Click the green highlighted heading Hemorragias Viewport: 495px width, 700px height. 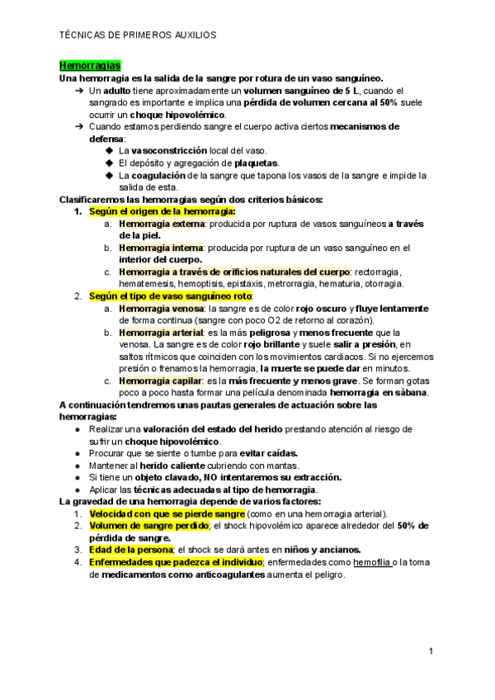(x=91, y=64)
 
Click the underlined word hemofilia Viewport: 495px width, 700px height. (x=367, y=561)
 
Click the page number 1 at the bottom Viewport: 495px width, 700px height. (x=431, y=652)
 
